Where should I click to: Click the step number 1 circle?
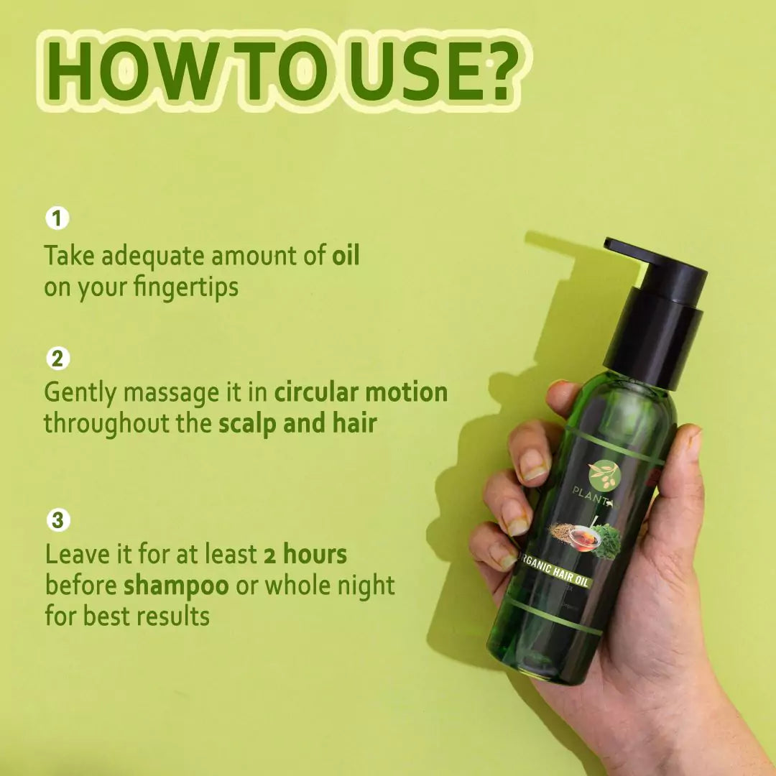pyautogui.click(x=57, y=217)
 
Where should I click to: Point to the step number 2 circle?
pyautogui.click(x=57, y=358)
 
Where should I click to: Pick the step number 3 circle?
pyautogui.click(x=57, y=519)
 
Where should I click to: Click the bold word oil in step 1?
pyautogui.click(x=346, y=256)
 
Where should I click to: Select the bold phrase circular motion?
pyautogui.click(x=361, y=392)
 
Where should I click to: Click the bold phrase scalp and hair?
pyautogui.click(x=297, y=423)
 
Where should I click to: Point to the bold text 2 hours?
pyautogui.click(x=305, y=554)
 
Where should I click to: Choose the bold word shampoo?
pyautogui.click(x=176, y=586)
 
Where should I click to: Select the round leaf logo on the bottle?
pyautogui.click(x=602, y=475)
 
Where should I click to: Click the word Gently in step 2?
pyautogui.click(x=81, y=393)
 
